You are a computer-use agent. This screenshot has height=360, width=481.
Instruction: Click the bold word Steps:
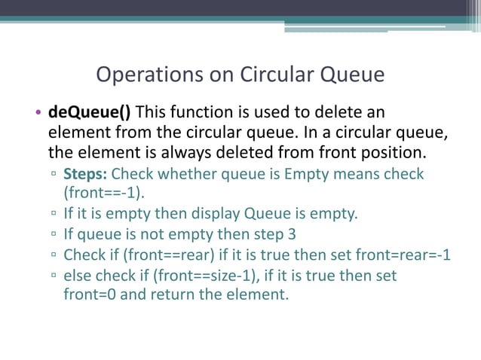tap(86, 175)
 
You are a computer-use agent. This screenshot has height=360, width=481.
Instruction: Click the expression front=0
tap(90, 294)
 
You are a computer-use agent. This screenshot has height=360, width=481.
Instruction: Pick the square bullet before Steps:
tap(54, 175)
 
